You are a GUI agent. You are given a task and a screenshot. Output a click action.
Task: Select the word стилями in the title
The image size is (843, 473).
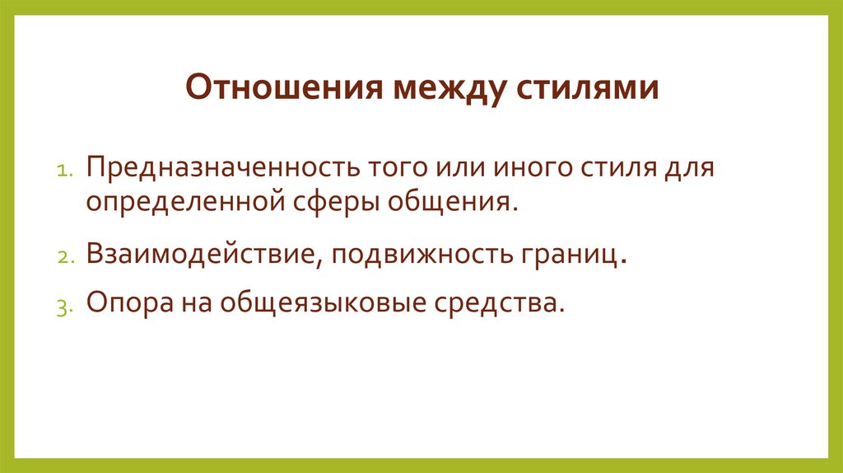click(588, 87)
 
